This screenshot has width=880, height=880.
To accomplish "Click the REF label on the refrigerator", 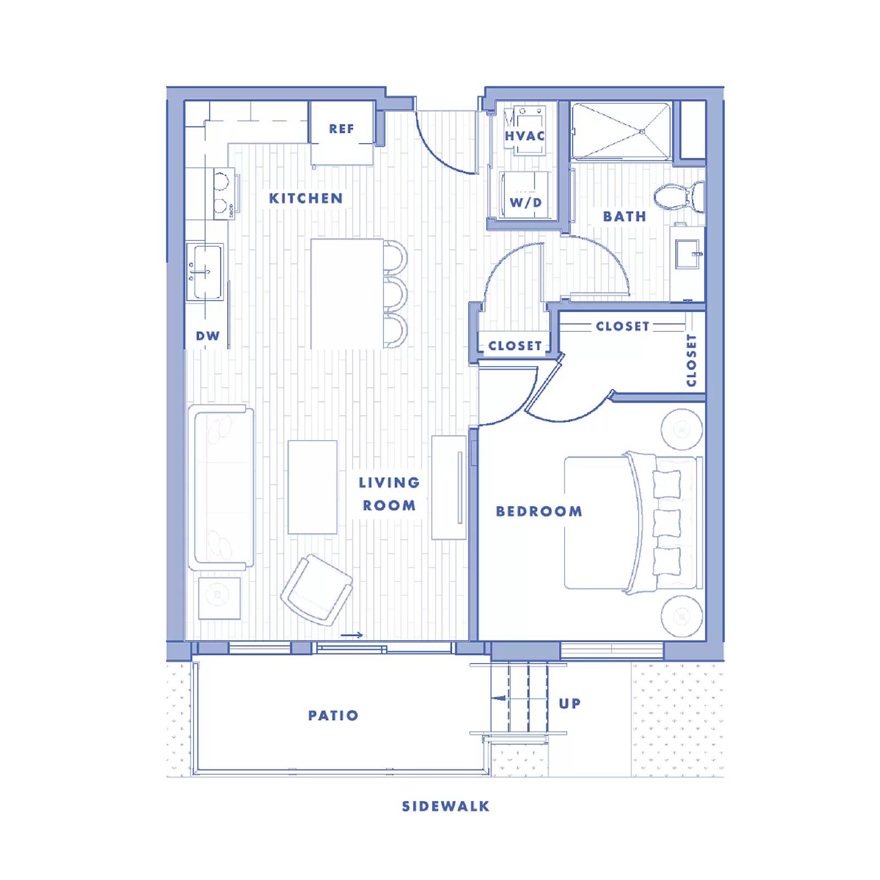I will tap(341, 129).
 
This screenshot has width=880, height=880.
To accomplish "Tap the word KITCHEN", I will tap(306, 199).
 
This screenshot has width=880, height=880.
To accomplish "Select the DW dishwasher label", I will tap(207, 336).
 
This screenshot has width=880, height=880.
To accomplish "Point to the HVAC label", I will tap(525, 136).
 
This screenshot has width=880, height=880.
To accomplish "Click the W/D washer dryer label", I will tap(526, 202).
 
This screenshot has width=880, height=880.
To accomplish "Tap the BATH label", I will tap(624, 217).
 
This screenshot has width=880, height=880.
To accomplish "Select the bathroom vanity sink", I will tap(687, 254).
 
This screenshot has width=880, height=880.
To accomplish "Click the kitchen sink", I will tap(205, 272).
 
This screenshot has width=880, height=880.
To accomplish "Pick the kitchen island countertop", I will tap(346, 293).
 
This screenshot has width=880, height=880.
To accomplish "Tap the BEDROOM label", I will tap(539, 512).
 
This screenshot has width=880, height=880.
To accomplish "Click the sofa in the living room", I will tap(221, 487).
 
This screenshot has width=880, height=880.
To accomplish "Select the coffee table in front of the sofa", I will tap(312, 487).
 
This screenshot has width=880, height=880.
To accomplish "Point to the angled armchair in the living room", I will tap(317, 590).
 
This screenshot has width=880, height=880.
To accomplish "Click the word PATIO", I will tap(333, 716).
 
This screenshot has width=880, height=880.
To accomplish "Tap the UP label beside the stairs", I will tap(569, 703).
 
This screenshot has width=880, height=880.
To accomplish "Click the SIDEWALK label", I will tap(446, 807).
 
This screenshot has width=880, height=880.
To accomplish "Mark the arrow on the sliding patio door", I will tap(352, 635).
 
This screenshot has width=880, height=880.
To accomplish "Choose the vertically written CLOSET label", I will tap(691, 360).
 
